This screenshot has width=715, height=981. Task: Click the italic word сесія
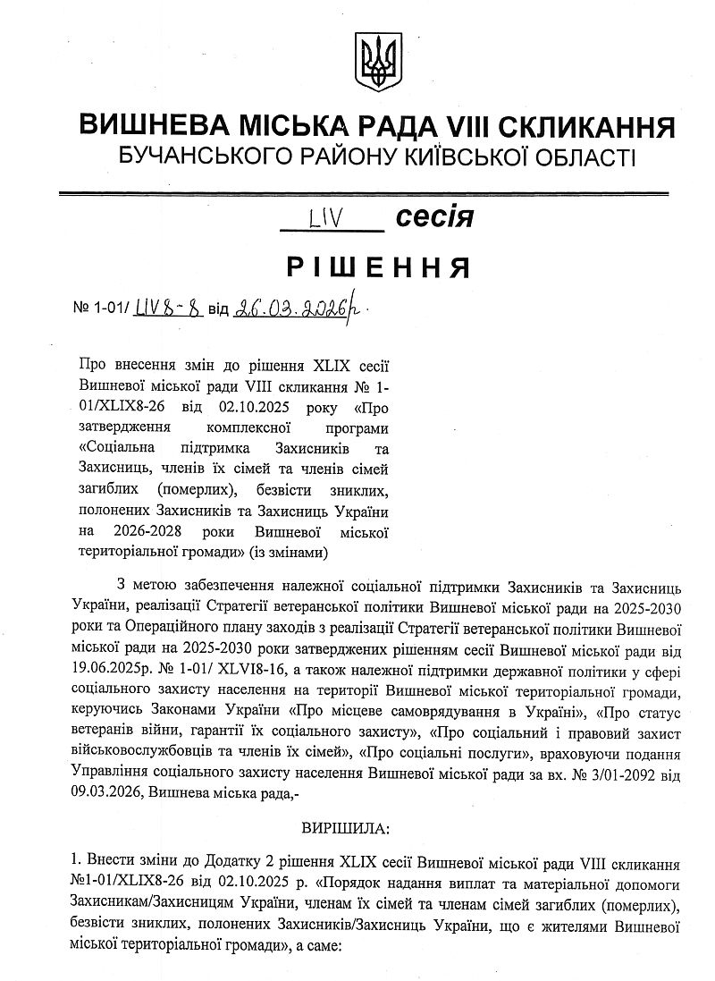click(433, 216)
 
